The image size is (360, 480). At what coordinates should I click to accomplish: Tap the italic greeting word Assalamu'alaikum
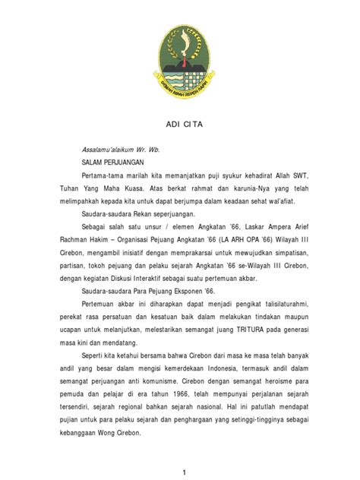pos(112,150)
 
